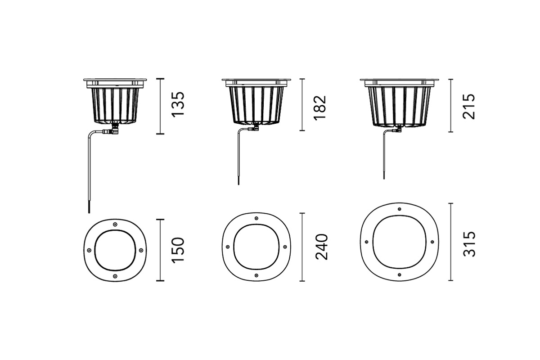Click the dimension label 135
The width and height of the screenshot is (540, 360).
pyautogui.click(x=178, y=104)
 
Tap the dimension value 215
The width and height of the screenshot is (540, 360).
pyautogui.click(x=469, y=106)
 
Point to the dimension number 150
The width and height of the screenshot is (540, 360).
pyautogui.click(x=178, y=250)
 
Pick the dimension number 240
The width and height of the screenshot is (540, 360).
pyautogui.click(x=322, y=247)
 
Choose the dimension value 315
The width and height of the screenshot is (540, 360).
pyautogui.click(x=469, y=244)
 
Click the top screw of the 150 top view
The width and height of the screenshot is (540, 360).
pyautogui.click(x=115, y=224)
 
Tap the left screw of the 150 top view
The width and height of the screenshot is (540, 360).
pyautogui.click(x=89, y=250)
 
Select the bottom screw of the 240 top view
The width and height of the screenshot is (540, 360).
pyautogui.click(x=256, y=275)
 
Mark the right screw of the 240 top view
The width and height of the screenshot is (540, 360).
pyautogui.click(x=285, y=247)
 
